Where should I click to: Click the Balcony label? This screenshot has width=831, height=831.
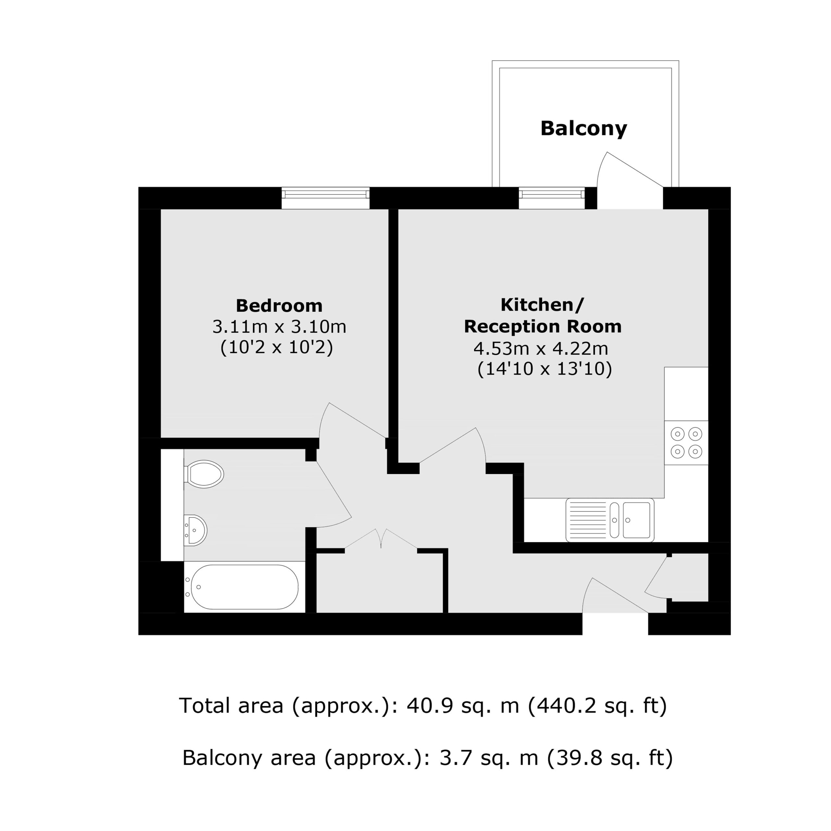click(584, 129)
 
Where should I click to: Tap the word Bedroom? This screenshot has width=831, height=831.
click(279, 306)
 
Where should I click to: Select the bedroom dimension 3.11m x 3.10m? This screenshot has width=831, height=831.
click(279, 327)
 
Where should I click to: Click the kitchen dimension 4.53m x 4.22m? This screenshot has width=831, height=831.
click(541, 348)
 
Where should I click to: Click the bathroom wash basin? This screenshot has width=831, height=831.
click(195, 530)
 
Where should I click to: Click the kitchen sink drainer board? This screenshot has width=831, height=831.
click(588, 520)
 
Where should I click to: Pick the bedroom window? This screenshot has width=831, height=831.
click(326, 198)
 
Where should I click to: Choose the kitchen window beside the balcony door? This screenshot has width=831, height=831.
click(552, 198)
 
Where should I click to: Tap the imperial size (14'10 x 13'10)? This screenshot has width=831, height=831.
click(545, 369)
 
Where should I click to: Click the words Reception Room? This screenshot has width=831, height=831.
click(543, 327)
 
